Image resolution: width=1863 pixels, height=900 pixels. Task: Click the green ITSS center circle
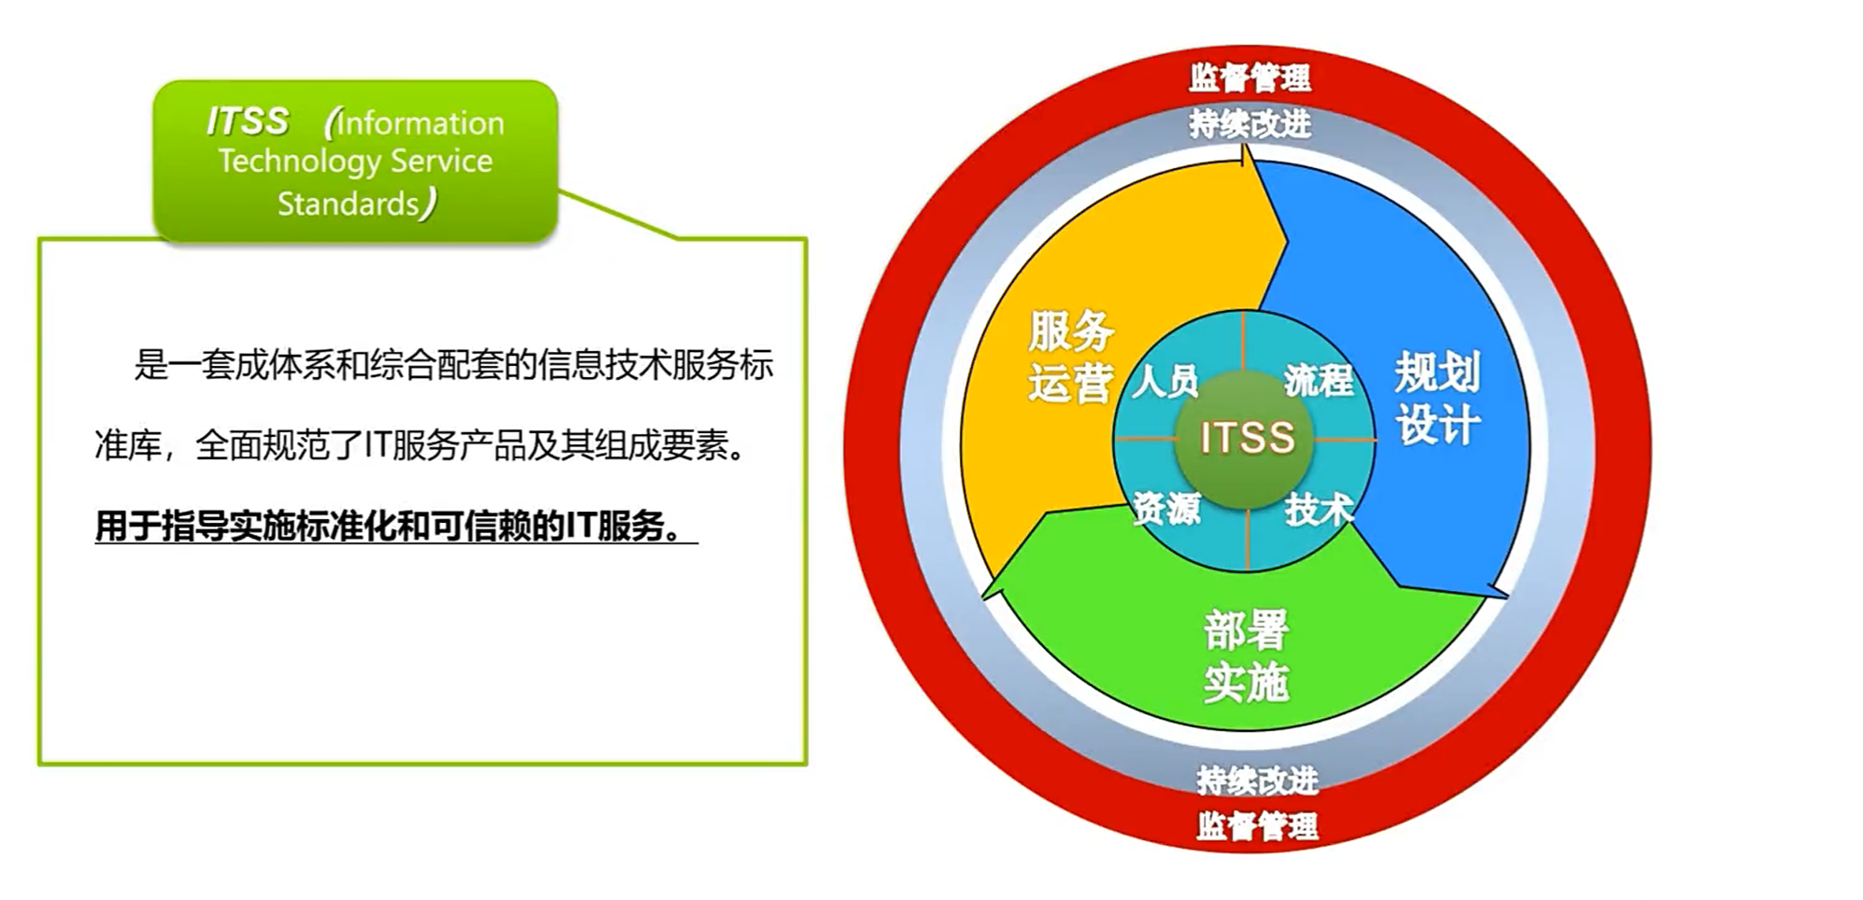coord(1245,439)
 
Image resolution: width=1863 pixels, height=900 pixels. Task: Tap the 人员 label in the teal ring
coord(1164,381)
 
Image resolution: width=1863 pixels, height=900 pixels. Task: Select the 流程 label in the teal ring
coord(1319,380)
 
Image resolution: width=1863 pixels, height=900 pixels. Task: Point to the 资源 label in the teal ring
coord(1166,508)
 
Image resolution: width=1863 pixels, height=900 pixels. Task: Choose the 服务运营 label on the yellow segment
coord(1071,357)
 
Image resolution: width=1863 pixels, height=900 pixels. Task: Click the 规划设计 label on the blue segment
coord(1438,399)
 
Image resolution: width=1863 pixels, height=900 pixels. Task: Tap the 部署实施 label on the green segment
coord(1247,655)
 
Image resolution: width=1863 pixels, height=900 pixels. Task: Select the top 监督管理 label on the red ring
coord(1249,77)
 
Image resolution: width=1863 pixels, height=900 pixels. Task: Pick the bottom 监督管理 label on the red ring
coord(1258,825)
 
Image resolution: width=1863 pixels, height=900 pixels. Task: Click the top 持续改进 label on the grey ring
coord(1250,123)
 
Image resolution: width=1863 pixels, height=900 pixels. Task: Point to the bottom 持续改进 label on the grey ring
coord(1258,780)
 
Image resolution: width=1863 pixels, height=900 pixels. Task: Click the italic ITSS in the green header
coord(247,121)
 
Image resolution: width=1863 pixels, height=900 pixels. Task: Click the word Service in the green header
coord(442,161)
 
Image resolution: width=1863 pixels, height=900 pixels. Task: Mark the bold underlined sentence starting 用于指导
coord(396,527)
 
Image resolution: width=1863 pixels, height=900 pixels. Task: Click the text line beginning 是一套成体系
coord(454,364)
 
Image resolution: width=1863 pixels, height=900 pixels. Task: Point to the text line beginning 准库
coord(421,445)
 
